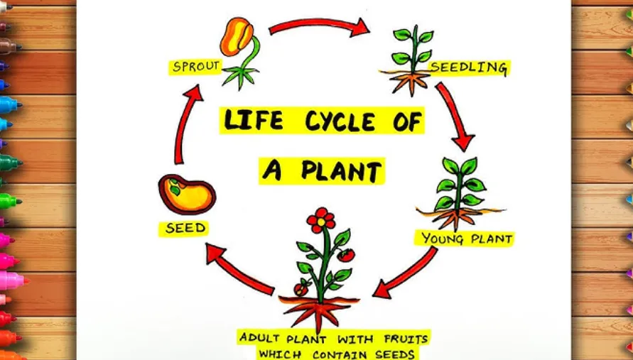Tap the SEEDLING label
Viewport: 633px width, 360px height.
point(469,67)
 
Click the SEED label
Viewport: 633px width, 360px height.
point(185,228)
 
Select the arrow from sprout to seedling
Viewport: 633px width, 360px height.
point(319,27)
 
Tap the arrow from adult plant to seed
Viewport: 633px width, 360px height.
point(239,268)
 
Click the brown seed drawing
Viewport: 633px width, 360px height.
point(187,193)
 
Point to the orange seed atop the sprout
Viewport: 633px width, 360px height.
point(237,37)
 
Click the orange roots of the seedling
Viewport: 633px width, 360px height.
point(410,82)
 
